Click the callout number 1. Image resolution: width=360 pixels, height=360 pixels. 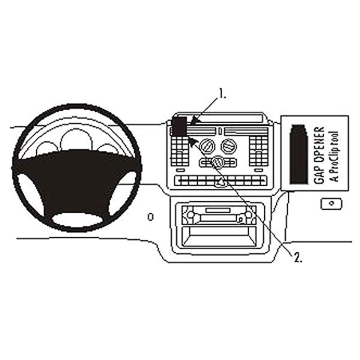222,93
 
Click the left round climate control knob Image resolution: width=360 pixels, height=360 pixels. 208,146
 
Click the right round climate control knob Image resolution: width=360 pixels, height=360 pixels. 229,146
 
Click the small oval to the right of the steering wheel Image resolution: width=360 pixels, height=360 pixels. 151,215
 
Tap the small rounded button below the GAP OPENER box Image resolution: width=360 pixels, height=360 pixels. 330,204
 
